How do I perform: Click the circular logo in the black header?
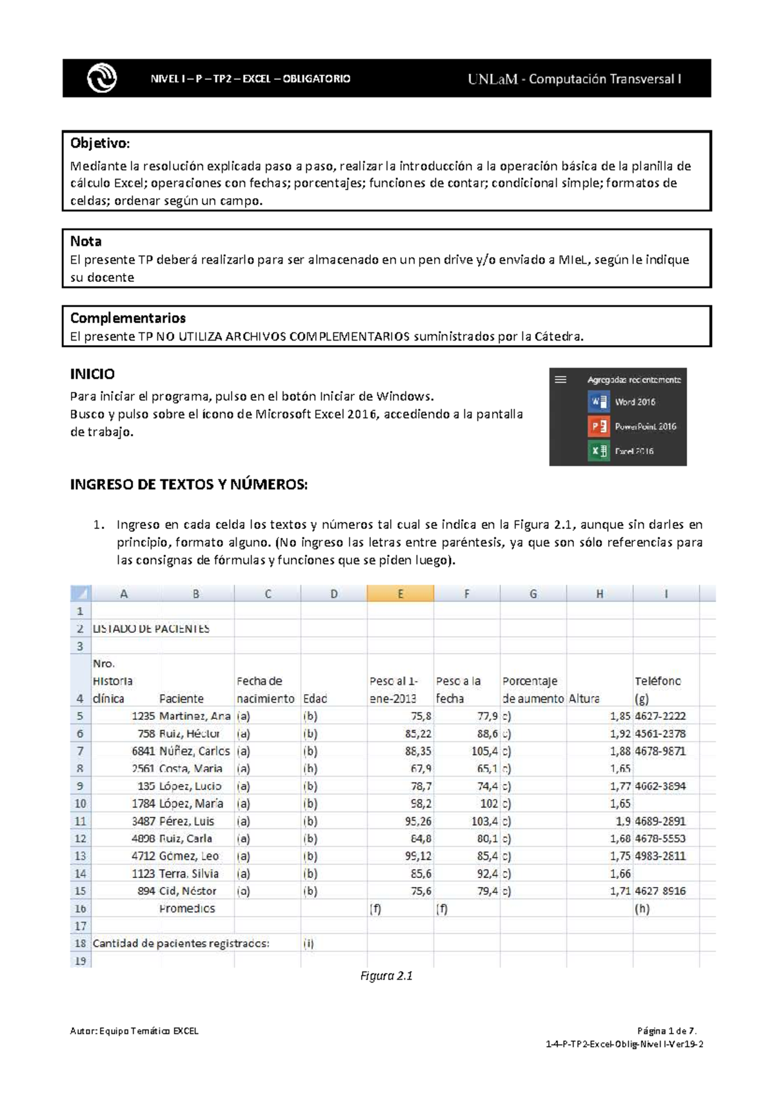click(x=102, y=79)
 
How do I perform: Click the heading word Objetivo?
click(x=100, y=143)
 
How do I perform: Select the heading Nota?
click(x=86, y=241)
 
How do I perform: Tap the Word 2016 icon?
click(x=599, y=402)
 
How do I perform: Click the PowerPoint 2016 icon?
click(x=599, y=426)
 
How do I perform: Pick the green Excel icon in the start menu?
click(x=599, y=451)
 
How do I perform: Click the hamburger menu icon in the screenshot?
click(x=561, y=380)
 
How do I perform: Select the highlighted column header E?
click(x=400, y=594)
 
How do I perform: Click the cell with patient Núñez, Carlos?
click(x=195, y=751)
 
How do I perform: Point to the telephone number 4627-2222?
click(x=660, y=716)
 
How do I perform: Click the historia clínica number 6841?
click(x=143, y=751)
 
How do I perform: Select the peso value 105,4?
click(x=484, y=751)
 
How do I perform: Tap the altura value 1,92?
click(x=620, y=733)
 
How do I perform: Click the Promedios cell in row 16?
click(x=187, y=908)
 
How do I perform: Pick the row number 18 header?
click(x=80, y=943)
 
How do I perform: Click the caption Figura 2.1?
click(x=386, y=976)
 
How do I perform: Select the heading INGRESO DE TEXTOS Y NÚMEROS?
click(x=189, y=484)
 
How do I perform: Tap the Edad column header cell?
click(x=315, y=699)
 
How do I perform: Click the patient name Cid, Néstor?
click(x=188, y=891)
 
